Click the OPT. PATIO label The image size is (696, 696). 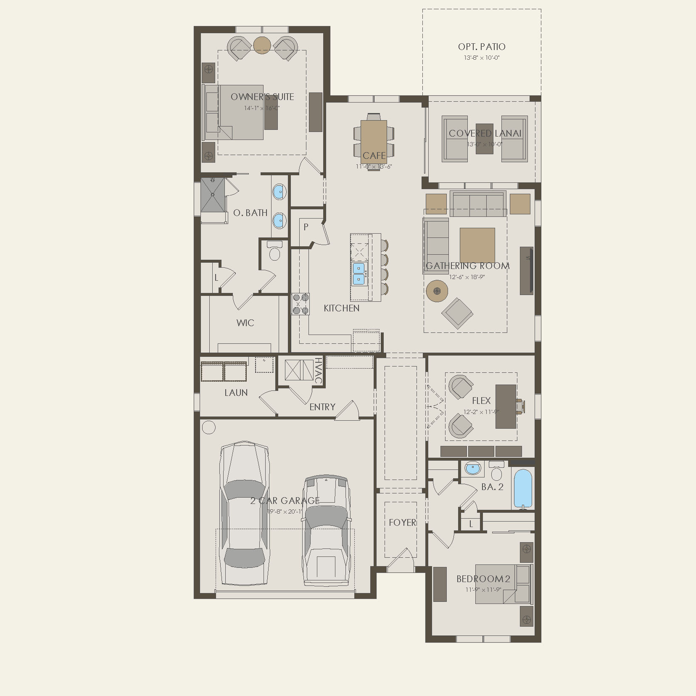click(x=482, y=47)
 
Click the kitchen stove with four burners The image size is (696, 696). click(x=301, y=304)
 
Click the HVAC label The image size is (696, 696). click(x=319, y=370)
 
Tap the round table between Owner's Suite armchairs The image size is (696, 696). click(x=262, y=45)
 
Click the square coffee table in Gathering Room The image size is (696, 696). click(x=477, y=245)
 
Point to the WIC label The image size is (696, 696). click(x=245, y=323)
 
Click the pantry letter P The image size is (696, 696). click(x=306, y=227)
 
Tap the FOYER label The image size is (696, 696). click(x=402, y=522)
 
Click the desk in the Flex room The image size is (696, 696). click(x=506, y=406)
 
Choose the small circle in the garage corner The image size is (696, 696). click(x=209, y=427)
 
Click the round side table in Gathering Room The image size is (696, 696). click(x=437, y=290)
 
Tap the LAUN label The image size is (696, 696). click(x=236, y=393)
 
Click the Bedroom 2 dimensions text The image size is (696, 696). click(x=483, y=589)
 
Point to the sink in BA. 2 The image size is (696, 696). click(x=473, y=468)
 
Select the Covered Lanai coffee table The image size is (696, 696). click(x=485, y=139)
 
